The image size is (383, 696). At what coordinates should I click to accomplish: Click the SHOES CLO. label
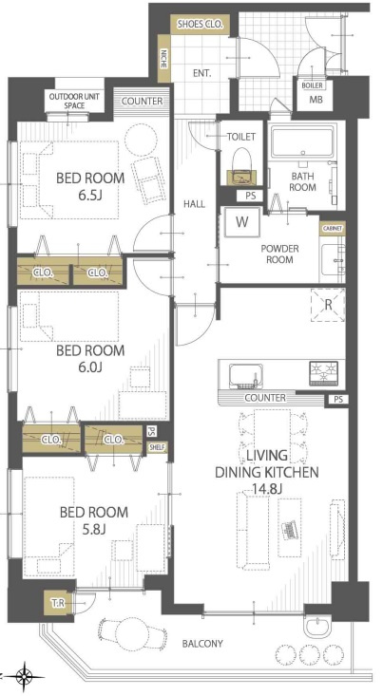point(200,25)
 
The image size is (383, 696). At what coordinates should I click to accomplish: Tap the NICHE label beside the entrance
point(164,58)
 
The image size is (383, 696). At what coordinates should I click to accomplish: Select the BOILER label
point(312,85)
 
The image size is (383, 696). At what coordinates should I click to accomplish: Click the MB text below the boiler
point(316,100)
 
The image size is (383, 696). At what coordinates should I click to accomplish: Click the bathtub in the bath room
point(302,141)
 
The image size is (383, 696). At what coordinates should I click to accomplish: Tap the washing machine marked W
point(241,222)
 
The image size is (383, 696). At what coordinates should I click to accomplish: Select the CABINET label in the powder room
point(332,229)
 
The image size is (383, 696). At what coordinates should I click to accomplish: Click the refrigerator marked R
point(328,305)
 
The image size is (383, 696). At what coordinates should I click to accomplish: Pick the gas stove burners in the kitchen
point(324,373)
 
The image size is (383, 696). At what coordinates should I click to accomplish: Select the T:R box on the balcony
point(58,602)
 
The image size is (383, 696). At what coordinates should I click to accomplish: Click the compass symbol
point(26,677)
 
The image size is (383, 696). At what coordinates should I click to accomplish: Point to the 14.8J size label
point(261,489)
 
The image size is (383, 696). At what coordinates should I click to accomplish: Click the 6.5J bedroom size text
point(89,196)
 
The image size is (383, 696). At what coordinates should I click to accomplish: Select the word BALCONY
point(202,644)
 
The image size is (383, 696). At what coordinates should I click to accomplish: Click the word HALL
point(195,204)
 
